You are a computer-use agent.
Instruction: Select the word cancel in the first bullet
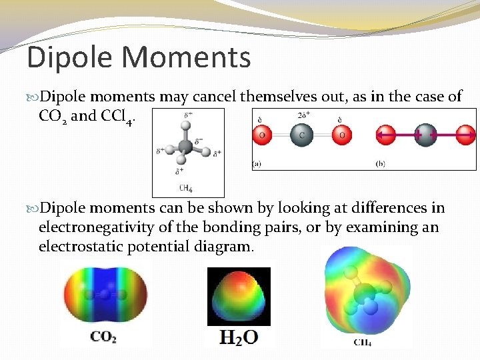coord(214,97)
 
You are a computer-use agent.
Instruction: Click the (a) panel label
coord(257,162)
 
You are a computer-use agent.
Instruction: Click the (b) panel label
coord(381,162)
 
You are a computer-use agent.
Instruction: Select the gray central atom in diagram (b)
coord(425,135)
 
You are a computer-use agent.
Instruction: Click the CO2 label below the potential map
coord(104,337)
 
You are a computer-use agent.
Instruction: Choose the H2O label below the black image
coord(239,338)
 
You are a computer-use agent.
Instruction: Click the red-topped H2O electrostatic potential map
coord(239,297)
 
